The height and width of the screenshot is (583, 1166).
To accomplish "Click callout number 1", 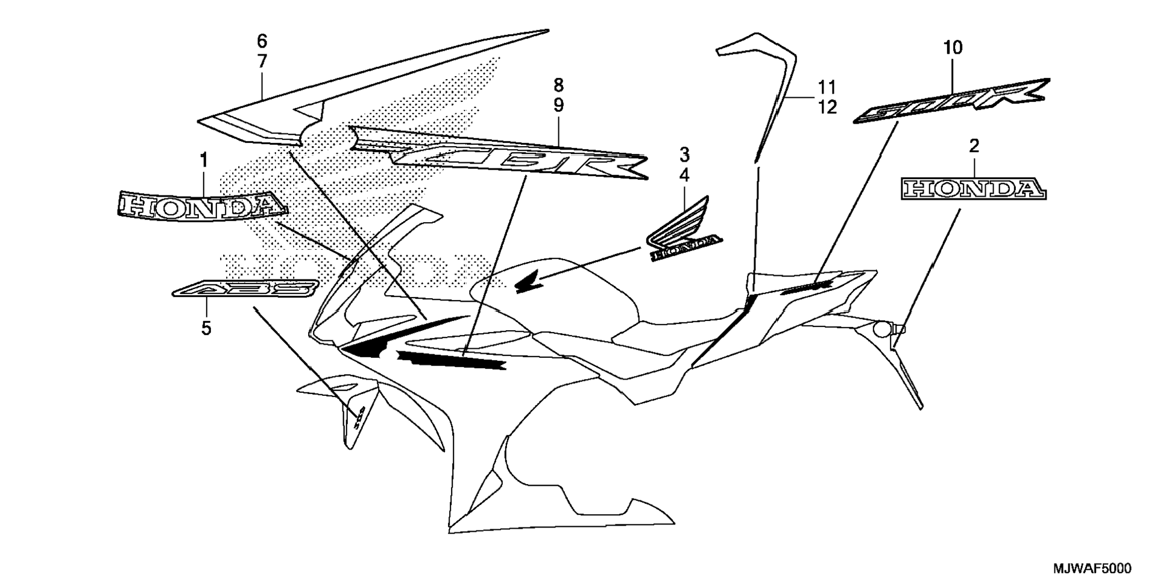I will coord(204,160).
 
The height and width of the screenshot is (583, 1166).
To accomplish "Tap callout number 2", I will coord(974,145).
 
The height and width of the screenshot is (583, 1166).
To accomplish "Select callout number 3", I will coord(684,155).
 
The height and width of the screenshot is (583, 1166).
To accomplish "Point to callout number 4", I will coord(684,176).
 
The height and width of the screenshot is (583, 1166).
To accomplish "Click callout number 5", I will coord(206,329).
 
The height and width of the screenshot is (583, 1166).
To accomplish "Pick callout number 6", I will coord(262,41).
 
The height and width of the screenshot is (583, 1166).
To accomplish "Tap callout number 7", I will coord(262,62).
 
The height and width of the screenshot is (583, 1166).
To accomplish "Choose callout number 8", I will coord(558,84).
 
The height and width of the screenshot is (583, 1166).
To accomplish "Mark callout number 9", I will coord(558,106).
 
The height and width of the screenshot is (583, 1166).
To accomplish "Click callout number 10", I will coord(953,47).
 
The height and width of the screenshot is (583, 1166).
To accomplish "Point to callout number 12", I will coord(828,107).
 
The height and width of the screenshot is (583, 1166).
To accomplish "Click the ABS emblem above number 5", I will coord(245,289).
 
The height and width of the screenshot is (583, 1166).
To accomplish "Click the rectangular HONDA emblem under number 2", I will coord(974,189).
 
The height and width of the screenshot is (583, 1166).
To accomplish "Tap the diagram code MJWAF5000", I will coord(1092,569).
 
